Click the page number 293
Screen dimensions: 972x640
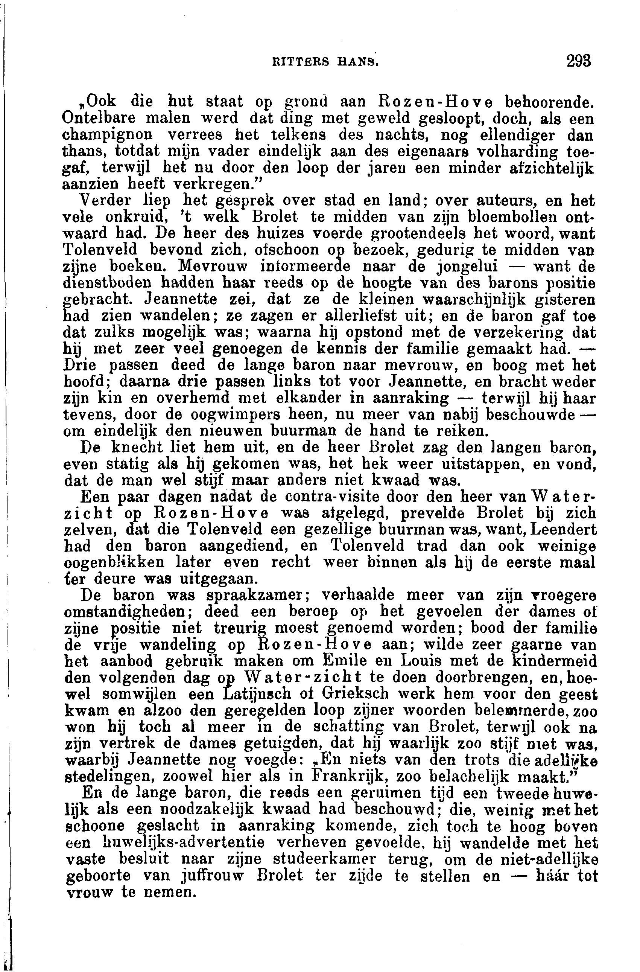[x=578, y=61]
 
